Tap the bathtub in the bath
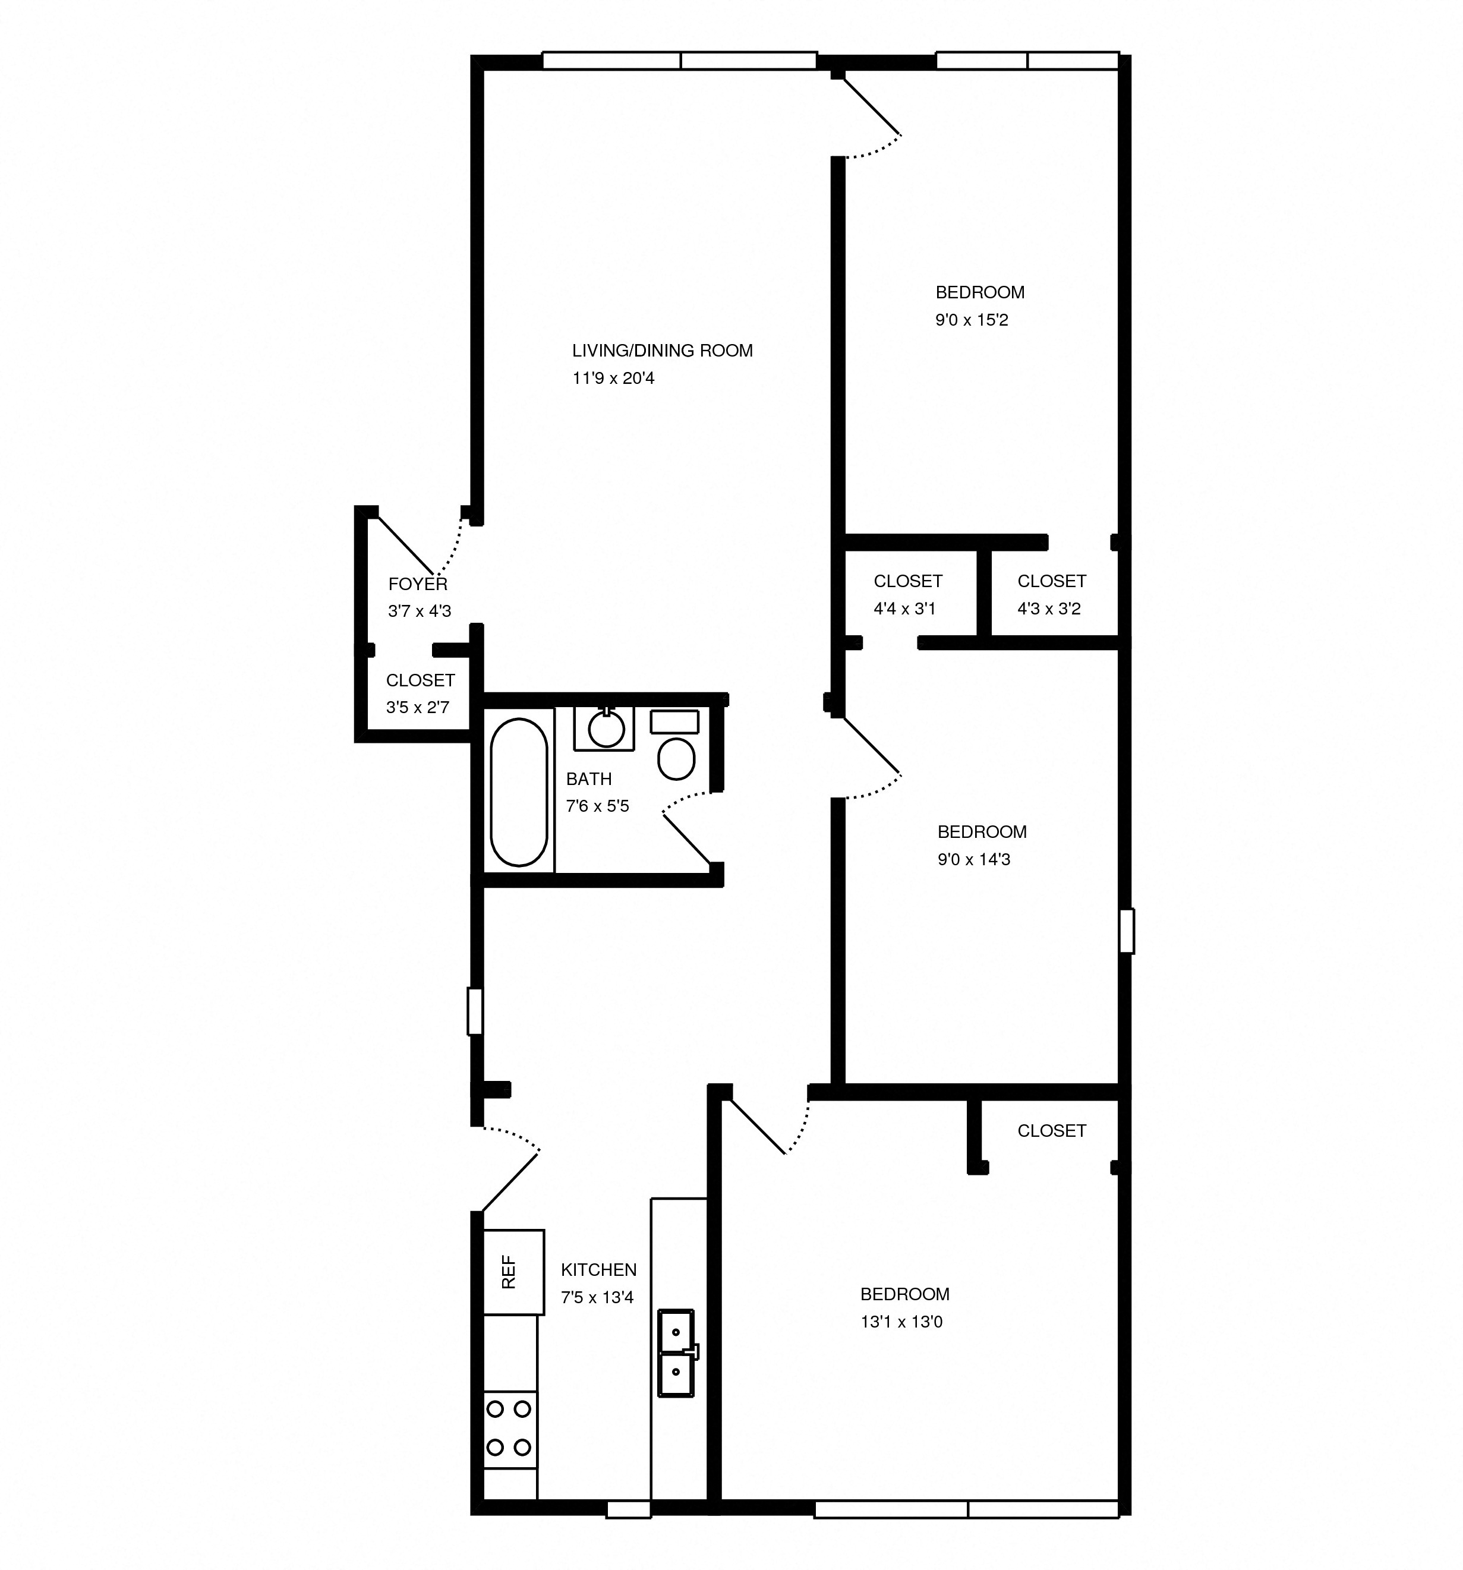pyautogui.click(x=519, y=792)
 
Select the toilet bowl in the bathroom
pyautogui.click(x=676, y=759)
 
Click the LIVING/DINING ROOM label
pyautogui.click(x=661, y=351)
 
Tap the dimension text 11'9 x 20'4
pyautogui.click(x=613, y=379)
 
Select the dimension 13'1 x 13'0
pyautogui.click(x=901, y=1322)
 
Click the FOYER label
pyautogui.click(x=418, y=584)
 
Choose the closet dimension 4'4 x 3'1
pyautogui.click(x=904, y=609)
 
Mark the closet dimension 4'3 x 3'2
pyautogui.click(x=1048, y=609)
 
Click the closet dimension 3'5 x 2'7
pyautogui.click(x=418, y=708)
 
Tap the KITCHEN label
pyautogui.click(x=598, y=1270)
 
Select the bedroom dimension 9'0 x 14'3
pyautogui.click(x=973, y=859)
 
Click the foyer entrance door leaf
pyautogui.click(x=406, y=546)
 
